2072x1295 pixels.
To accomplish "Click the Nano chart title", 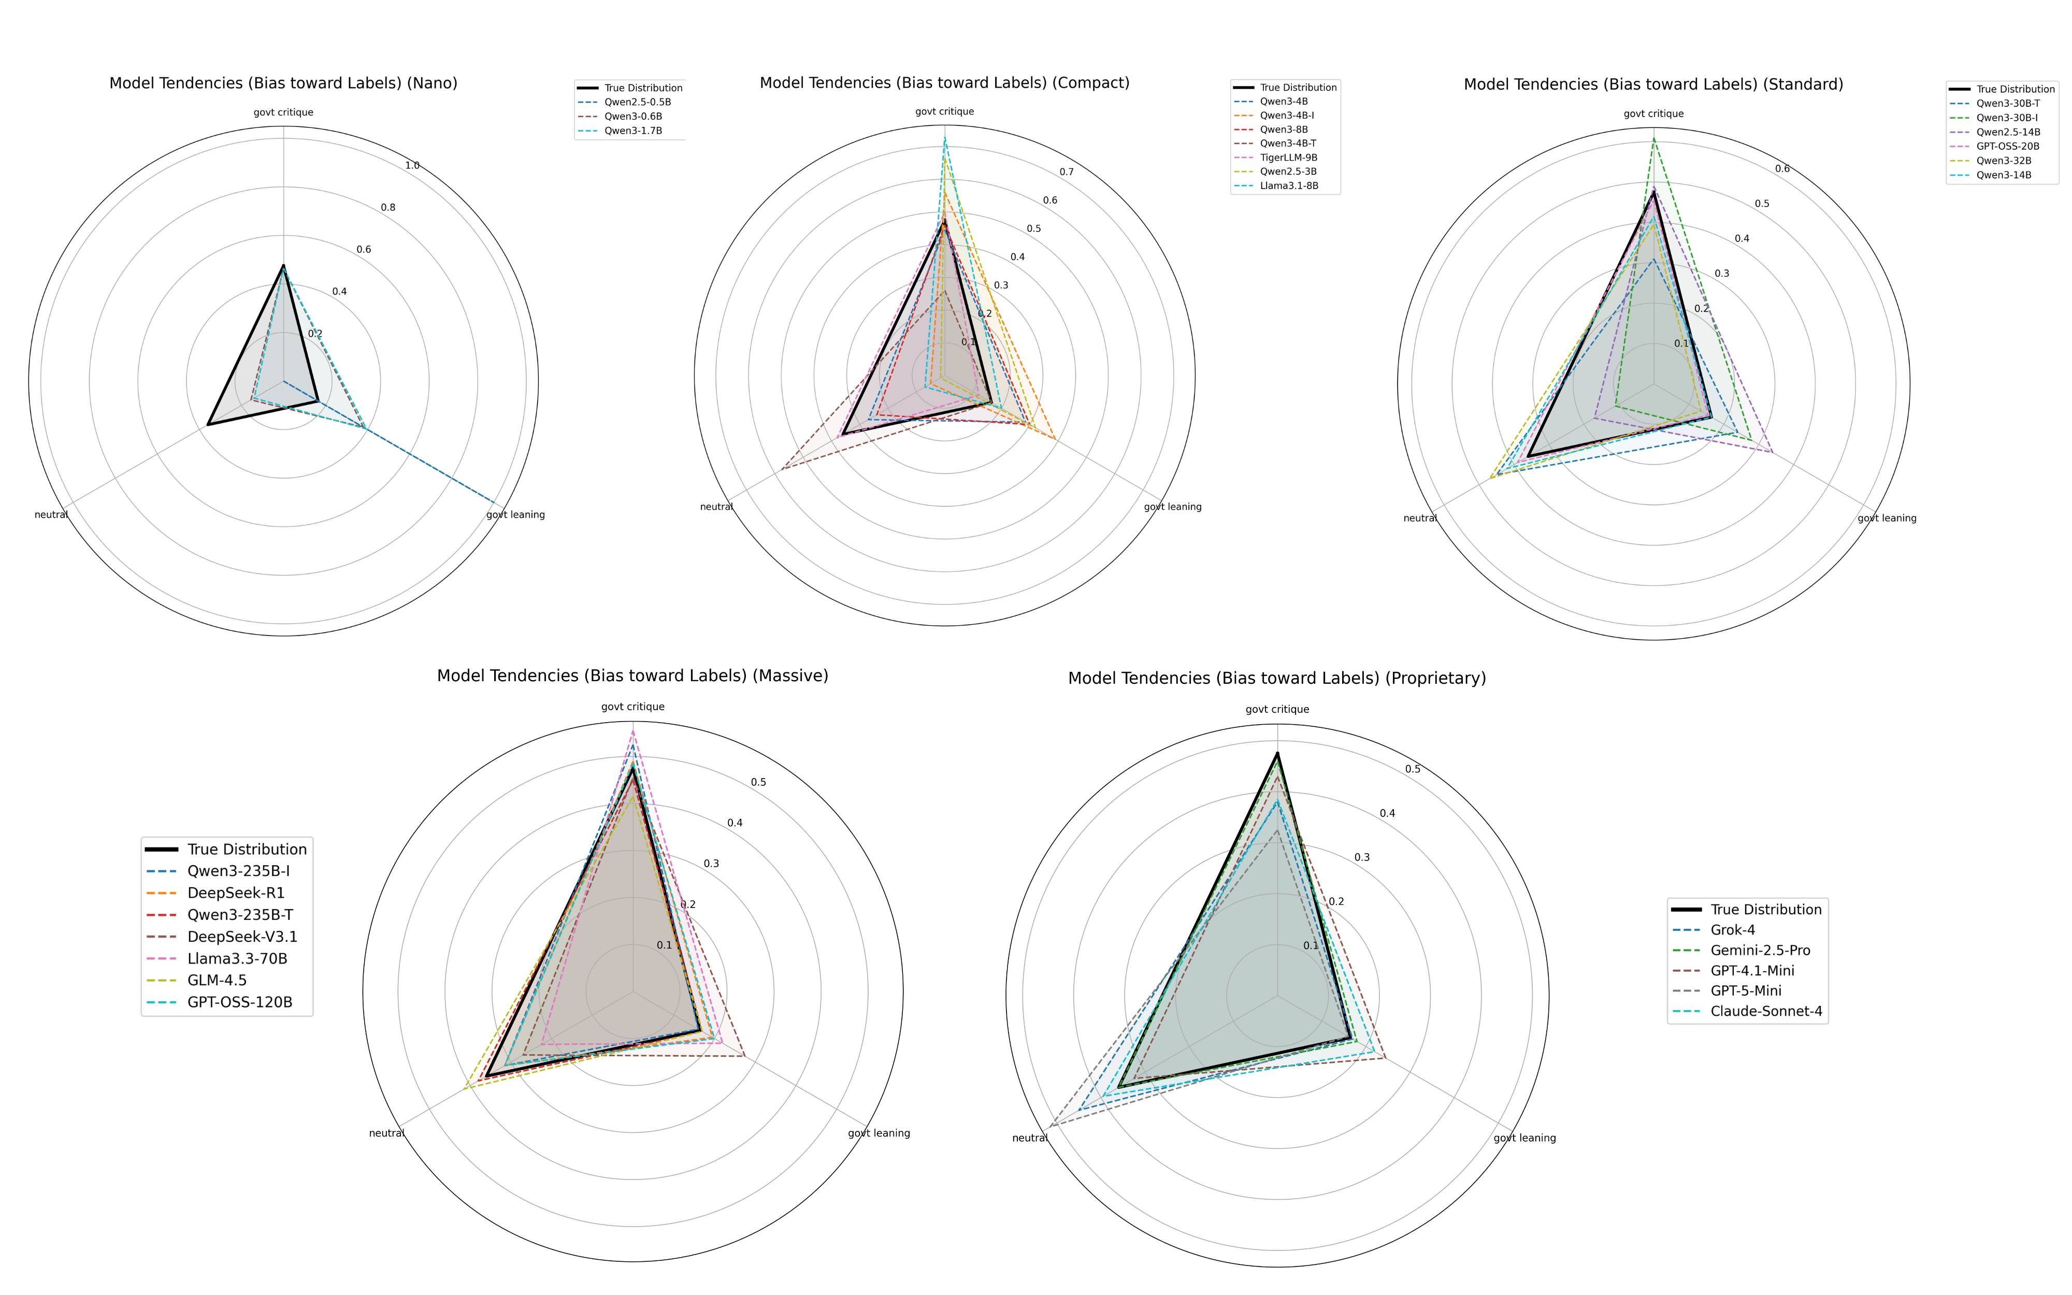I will coord(283,83).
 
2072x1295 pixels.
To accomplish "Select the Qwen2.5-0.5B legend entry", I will coord(637,102).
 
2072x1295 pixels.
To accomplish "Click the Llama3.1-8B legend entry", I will coord(1289,186).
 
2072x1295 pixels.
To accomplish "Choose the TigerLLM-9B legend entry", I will coord(1289,157).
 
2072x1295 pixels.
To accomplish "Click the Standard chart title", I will coord(1653,84).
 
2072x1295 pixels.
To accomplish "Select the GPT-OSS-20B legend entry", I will coord(2008,147).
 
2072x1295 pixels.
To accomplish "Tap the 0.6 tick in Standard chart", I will coord(1782,169).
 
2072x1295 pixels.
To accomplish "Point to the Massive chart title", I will coord(632,676).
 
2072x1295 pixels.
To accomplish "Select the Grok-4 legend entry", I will coord(1732,930).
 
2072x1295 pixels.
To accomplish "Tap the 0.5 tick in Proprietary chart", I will coord(1413,769).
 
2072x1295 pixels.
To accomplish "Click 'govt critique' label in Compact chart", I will coord(944,111).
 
